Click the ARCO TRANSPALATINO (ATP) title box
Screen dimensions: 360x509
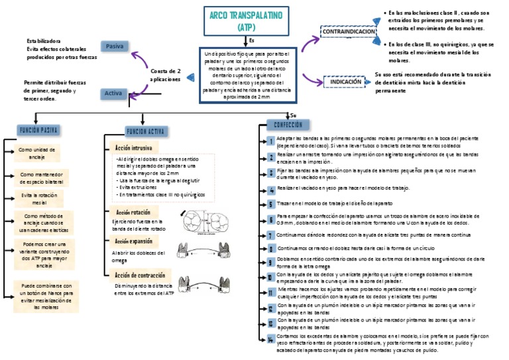(239, 21)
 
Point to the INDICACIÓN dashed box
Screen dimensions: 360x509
(345, 82)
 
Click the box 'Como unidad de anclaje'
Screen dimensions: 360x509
(37, 153)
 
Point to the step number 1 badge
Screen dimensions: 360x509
(271, 141)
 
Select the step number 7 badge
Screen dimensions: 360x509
(271, 235)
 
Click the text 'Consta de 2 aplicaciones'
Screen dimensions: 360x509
(166, 74)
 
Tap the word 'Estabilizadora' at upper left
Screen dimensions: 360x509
(44, 40)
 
